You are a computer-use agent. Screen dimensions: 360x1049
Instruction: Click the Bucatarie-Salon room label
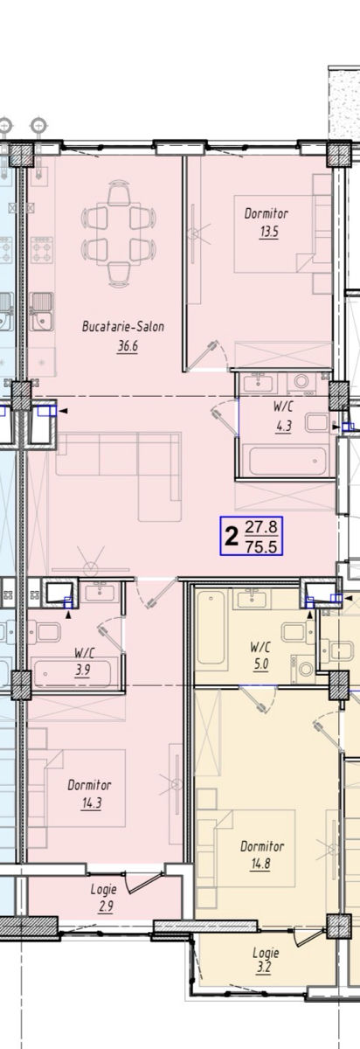click(x=123, y=326)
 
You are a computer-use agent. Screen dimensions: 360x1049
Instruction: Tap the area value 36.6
click(x=128, y=346)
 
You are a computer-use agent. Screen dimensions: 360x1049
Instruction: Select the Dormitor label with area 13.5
click(x=266, y=213)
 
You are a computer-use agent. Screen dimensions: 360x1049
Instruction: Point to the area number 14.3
click(x=91, y=803)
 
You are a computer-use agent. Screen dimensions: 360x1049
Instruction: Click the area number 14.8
click(x=260, y=863)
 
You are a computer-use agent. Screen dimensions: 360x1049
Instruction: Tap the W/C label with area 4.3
click(x=284, y=406)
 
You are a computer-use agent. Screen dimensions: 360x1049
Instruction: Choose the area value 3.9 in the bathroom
click(x=83, y=670)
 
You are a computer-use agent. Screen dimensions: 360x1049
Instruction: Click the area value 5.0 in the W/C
click(x=260, y=664)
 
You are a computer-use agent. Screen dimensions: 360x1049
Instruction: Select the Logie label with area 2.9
click(x=103, y=888)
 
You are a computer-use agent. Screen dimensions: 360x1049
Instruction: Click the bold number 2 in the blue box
click(x=232, y=537)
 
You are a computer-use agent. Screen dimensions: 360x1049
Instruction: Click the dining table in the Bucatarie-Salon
click(x=119, y=233)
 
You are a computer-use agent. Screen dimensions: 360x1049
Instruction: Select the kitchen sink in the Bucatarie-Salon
click(x=42, y=309)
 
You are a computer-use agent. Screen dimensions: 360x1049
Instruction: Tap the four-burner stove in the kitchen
click(x=42, y=250)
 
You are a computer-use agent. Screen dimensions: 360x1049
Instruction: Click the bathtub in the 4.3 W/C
click(x=287, y=461)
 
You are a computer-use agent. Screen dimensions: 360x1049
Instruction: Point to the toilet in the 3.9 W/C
click(x=45, y=632)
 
